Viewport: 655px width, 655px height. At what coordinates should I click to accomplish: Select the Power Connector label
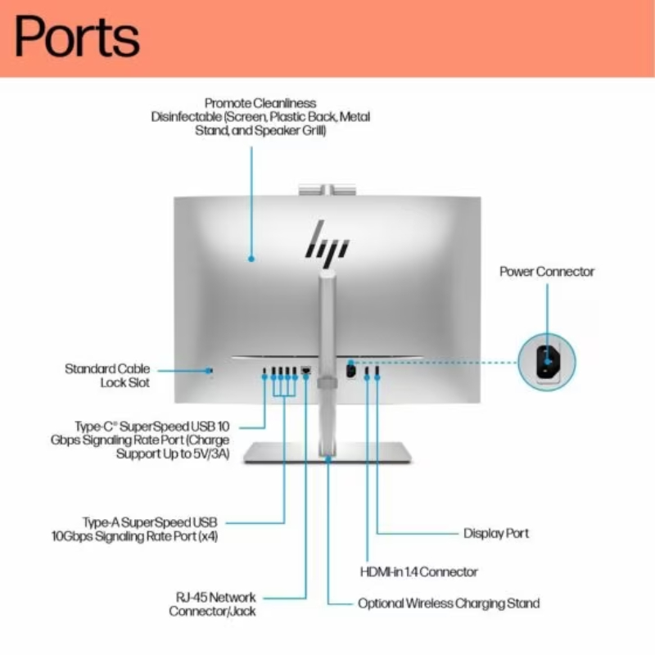[x=547, y=271]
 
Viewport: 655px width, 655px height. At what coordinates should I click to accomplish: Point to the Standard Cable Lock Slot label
[x=107, y=375]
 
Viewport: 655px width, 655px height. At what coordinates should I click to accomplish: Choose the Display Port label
[x=496, y=533]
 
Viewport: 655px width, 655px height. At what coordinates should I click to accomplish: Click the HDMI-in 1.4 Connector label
[x=419, y=571]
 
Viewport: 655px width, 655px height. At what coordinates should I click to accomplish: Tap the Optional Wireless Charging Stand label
[x=449, y=603]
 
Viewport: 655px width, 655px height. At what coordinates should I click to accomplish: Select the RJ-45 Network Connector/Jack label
[x=213, y=604]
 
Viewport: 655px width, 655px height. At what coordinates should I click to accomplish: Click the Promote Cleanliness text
[x=260, y=103]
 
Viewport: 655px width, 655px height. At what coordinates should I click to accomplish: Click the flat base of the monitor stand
[x=327, y=453]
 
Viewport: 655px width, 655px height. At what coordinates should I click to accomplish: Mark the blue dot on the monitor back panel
[x=251, y=259]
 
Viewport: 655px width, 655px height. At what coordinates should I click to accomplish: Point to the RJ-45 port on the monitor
[x=305, y=372]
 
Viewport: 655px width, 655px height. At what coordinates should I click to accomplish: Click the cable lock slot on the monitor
[x=211, y=371]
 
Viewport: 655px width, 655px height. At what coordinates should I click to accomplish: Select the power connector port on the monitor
[x=350, y=369]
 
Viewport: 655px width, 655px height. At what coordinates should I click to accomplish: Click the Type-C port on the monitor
[x=264, y=373]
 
